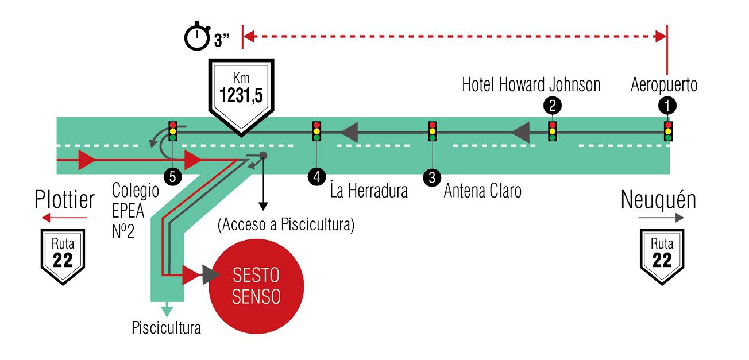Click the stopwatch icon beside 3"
point(197,37)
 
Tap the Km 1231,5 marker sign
point(240,92)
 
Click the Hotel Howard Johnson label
point(531,85)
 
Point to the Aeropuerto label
point(663,85)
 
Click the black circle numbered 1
point(667,105)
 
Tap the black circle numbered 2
point(552,105)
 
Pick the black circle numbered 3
point(432,177)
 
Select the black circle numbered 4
point(316,177)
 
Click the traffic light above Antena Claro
point(433,131)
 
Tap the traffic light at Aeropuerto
point(668,131)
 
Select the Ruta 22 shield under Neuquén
point(662,256)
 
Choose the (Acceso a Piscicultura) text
point(286,224)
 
